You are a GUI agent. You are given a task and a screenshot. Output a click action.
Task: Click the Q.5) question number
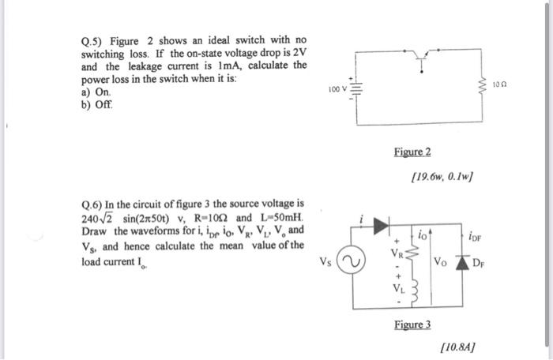tap(92, 40)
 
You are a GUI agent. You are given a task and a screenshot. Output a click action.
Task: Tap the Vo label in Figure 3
tap(440, 261)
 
